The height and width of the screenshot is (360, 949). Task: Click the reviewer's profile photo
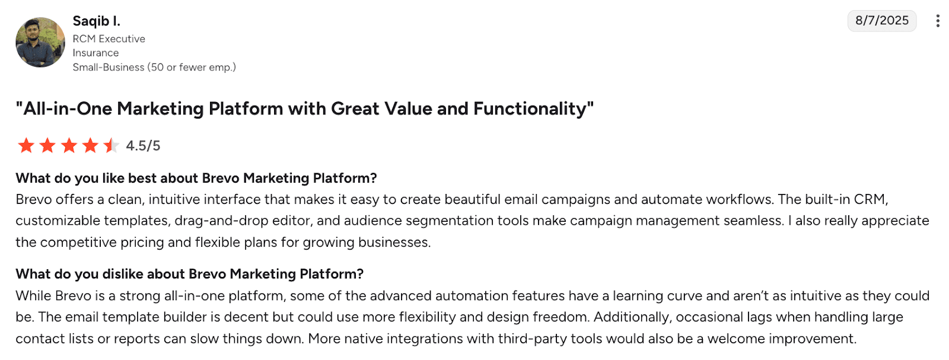click(x=40, y=42)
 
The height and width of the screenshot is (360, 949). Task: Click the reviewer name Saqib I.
click(x=97, y=21)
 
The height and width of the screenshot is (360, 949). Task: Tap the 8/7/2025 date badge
click(x=881, y=21)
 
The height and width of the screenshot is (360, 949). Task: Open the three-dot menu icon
click(x=938, y=21)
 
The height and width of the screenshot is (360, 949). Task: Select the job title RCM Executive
click(x=109, y=39)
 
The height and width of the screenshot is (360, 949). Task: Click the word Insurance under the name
click(x=95, y=53)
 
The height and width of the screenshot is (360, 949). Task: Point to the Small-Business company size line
click(x=154, y=68)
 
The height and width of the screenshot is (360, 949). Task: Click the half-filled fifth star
click(x=112, y=145)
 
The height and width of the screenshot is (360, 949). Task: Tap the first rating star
click(x=26, y=145)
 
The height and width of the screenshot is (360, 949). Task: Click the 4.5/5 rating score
click(x=143, y=146)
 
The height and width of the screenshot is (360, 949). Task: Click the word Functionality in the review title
click(x=530, y=109)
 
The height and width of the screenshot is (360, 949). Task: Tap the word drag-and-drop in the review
click(x=221, y=221)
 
